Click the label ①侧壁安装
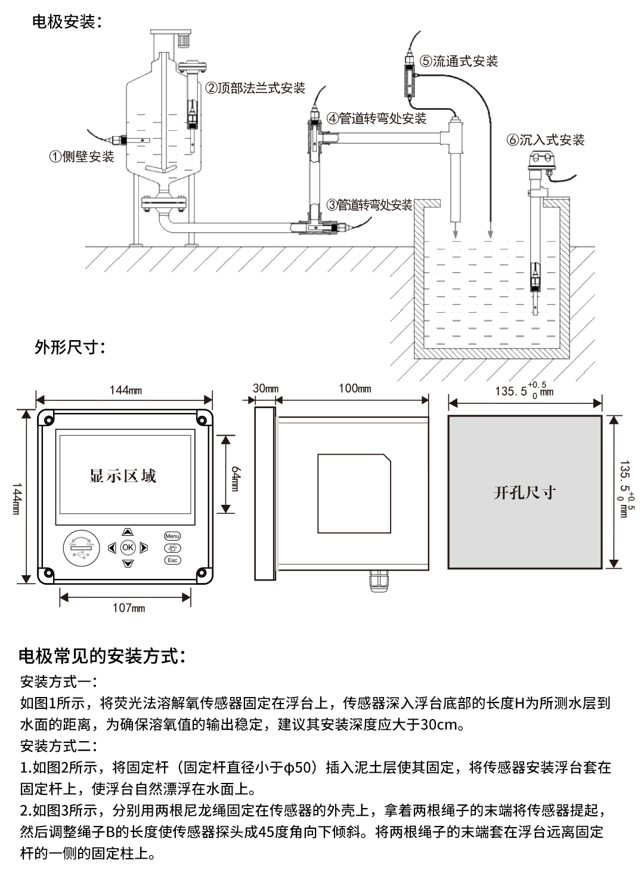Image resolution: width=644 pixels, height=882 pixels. pyautogui.click(x=81, y=157)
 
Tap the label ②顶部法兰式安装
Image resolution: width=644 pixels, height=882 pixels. pyautogui.click(x=255, y=88)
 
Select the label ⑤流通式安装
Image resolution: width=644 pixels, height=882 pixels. pyautogui.click(x=459, y=61)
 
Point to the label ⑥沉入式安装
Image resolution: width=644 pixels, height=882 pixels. pyautogui.click(x=545, y=140)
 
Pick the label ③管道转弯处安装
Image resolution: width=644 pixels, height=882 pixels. pyautogui.click(x=369, y=205)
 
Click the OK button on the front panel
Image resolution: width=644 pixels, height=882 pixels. pyautogui.click(x=128, y=547)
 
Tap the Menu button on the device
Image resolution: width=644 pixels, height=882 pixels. pyautogui.click(x=172, y=536)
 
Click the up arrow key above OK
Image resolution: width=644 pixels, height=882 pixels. pyautogui.click(x=128, y=531)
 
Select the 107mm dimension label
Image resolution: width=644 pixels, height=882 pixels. pyautogui.click(x=129, y=608)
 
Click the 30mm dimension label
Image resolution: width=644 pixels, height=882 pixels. pyautogui.click(x=265, y=388)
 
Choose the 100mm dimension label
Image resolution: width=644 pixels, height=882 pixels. pyautogui.click(x=355, y=388)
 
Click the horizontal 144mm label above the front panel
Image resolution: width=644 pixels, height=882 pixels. pyautogui.click(x=125, y=390)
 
